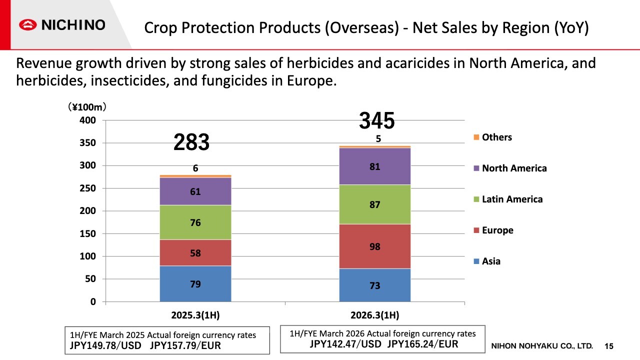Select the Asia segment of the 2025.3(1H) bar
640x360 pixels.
click(195, 283)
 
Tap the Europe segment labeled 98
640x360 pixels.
click(374, 246)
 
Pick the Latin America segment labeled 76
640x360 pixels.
click(195, 222)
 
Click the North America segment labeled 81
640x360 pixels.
click(374, 167)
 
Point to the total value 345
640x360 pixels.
click(377, 121)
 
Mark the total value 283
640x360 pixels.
click(191, 142)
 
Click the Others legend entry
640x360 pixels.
click(496, 137)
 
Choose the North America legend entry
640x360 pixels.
click(514, 168)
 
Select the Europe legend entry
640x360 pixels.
click(497, 230)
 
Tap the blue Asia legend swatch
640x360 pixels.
click(476, 261)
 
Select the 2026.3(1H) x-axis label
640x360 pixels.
click(374, 315)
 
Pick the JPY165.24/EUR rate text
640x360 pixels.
click(422, 343)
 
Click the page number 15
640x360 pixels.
click(608, 346)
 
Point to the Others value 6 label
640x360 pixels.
click(195, 168)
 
